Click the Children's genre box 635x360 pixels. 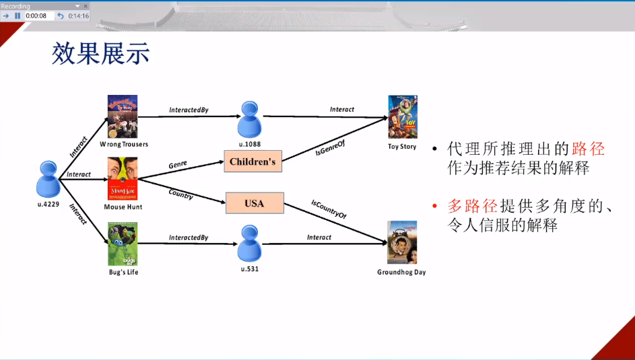click(253, 161)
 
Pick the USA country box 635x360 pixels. click(254, 203)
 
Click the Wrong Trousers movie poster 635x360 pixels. click(123, 116)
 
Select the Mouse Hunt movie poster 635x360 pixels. click(123, 179)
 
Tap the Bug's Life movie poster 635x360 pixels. click(123, 243)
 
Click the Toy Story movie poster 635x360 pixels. click(403, 116)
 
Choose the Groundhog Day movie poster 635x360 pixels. click(402, 242)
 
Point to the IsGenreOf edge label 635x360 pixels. click(330, 148)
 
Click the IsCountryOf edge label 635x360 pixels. click(329, 209)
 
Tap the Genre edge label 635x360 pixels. click(178, 164)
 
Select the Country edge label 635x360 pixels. click(180, 194)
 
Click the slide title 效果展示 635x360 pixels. click(100, 55)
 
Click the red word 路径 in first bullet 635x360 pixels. click(588, 148)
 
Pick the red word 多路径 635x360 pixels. click(472, 206)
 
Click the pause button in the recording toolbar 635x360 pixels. click(18, 15)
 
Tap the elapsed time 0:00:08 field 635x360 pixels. click(38, 15)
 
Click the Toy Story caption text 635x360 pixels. click(402, 147)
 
